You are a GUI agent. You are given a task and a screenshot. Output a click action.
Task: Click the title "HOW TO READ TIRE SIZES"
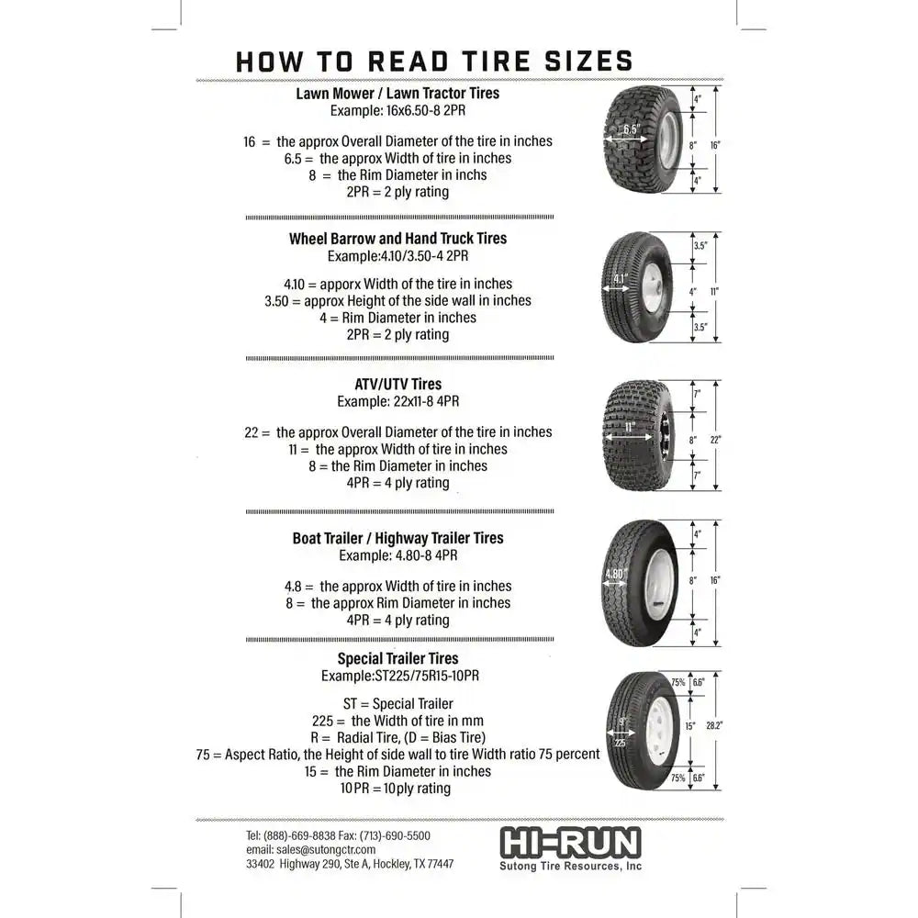(x=434, y=61)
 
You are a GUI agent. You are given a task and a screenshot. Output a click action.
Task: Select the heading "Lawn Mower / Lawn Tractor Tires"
(x=397, y=93)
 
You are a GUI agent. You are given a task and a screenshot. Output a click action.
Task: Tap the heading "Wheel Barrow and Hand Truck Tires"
(x=397, y=238)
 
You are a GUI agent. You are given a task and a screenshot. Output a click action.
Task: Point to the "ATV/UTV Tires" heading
(x=397, y=385)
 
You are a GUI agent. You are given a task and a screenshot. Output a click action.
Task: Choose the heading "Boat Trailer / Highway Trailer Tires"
(x=397, y=538)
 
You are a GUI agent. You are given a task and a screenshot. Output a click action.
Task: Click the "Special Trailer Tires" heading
(x=397, y=658)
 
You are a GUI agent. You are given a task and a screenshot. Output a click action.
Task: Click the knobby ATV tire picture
(x=638, y=435)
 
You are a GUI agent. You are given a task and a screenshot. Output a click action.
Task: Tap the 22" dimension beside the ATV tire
(x=716, y=440)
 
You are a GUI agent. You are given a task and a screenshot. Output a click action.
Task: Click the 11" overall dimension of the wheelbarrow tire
(x=714, y=291)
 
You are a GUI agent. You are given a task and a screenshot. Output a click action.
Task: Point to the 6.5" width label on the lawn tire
(x=631, y=130)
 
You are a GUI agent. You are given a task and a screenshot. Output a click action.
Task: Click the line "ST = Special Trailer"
(x=397, y=704)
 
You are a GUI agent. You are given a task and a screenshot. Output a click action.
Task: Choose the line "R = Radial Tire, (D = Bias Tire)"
(x=397, y=737)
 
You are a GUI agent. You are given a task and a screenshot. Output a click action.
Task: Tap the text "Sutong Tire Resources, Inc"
(x=570, y=866)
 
